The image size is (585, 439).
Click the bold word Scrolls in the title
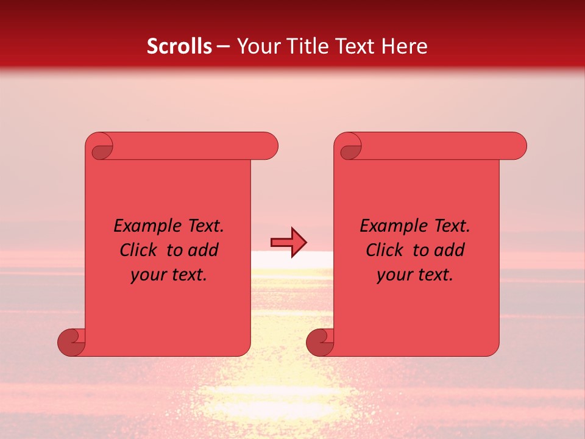coord(179,46)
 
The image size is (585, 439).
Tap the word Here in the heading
coord(405,46)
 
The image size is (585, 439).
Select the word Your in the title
coord(258,46)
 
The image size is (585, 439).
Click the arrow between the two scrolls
coord(288,243)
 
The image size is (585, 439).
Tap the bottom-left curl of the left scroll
coord(71,342)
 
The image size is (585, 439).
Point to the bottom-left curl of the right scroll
coord(320,342)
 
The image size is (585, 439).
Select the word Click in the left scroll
coord(139,250)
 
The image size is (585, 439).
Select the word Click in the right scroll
coord(385,250)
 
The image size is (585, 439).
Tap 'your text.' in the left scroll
coord(169,274)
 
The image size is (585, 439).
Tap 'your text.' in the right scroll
coord(415,274)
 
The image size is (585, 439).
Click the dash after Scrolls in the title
coord(223,46)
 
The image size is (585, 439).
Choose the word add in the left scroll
coord(204,250)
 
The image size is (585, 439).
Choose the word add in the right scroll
coord(450,250)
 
